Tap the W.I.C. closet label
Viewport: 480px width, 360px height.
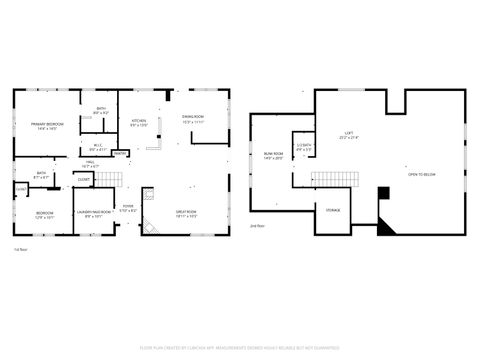(x=96, y=147)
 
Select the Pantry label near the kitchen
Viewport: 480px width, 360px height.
(x=119, y=154)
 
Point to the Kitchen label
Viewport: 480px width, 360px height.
(x=139, y=122)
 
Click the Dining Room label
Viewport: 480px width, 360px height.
(x=193, y=119)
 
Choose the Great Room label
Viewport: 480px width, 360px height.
(x=185, y=211)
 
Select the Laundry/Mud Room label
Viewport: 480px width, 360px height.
(x=93, y=212)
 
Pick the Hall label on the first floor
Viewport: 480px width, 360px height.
(x=89, y=164)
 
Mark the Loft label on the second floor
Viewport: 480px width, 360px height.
(x=348, y=134)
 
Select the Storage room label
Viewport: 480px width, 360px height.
(x=332, y=210)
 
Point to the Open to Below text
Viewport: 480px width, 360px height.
(x=421, y=175)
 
